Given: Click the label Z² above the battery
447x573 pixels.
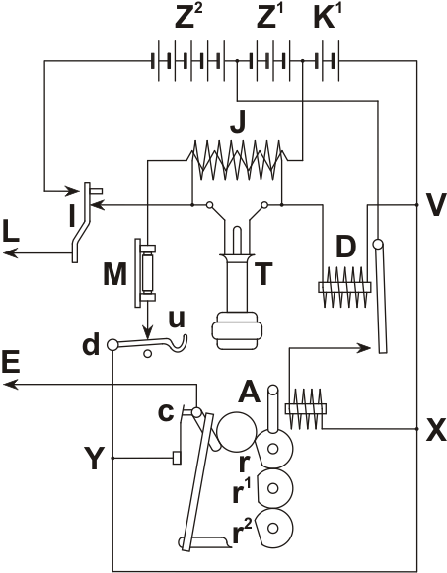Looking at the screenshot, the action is pyautogui.click(x=188, y=18).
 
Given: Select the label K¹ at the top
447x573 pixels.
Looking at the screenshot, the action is pyautogui.click(x=325, y=18).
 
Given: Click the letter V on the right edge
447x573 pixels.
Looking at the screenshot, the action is pyautogui.click(x=436, y=205).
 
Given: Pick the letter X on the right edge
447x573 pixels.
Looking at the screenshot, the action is pyautogui.click(x=436, y=429).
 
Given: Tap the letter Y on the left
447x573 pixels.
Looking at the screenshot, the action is pyautogui.click(x=93, y=458).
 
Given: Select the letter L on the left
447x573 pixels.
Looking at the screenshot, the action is pyautogui.click(x=11, y=230).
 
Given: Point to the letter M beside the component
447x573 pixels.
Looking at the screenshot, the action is pyautogui.click(x=114, y=274).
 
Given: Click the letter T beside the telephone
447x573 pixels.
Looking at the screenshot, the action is pyautogui.click(x=263, y=274).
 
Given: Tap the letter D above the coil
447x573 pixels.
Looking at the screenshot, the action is pyautogui.click(x=345, y=247).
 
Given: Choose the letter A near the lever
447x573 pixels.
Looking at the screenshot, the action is pyautogui.click(x=249, y=392).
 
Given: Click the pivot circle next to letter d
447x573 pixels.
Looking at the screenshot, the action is pyautogui.click(x=112, y=344).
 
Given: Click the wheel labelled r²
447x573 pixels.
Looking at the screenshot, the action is pyautogui.click(x=274, y=528).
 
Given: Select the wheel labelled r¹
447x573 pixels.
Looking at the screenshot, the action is pyautogui.click(x=274, y=488).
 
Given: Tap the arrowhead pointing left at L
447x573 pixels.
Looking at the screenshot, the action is pyautogui.click(x=10, y=252).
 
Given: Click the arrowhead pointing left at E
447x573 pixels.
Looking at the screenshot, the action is pyautogui.click(x=10, y=384).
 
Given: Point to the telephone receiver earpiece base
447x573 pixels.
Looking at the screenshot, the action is pyautogui.click(x=237, y=331).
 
